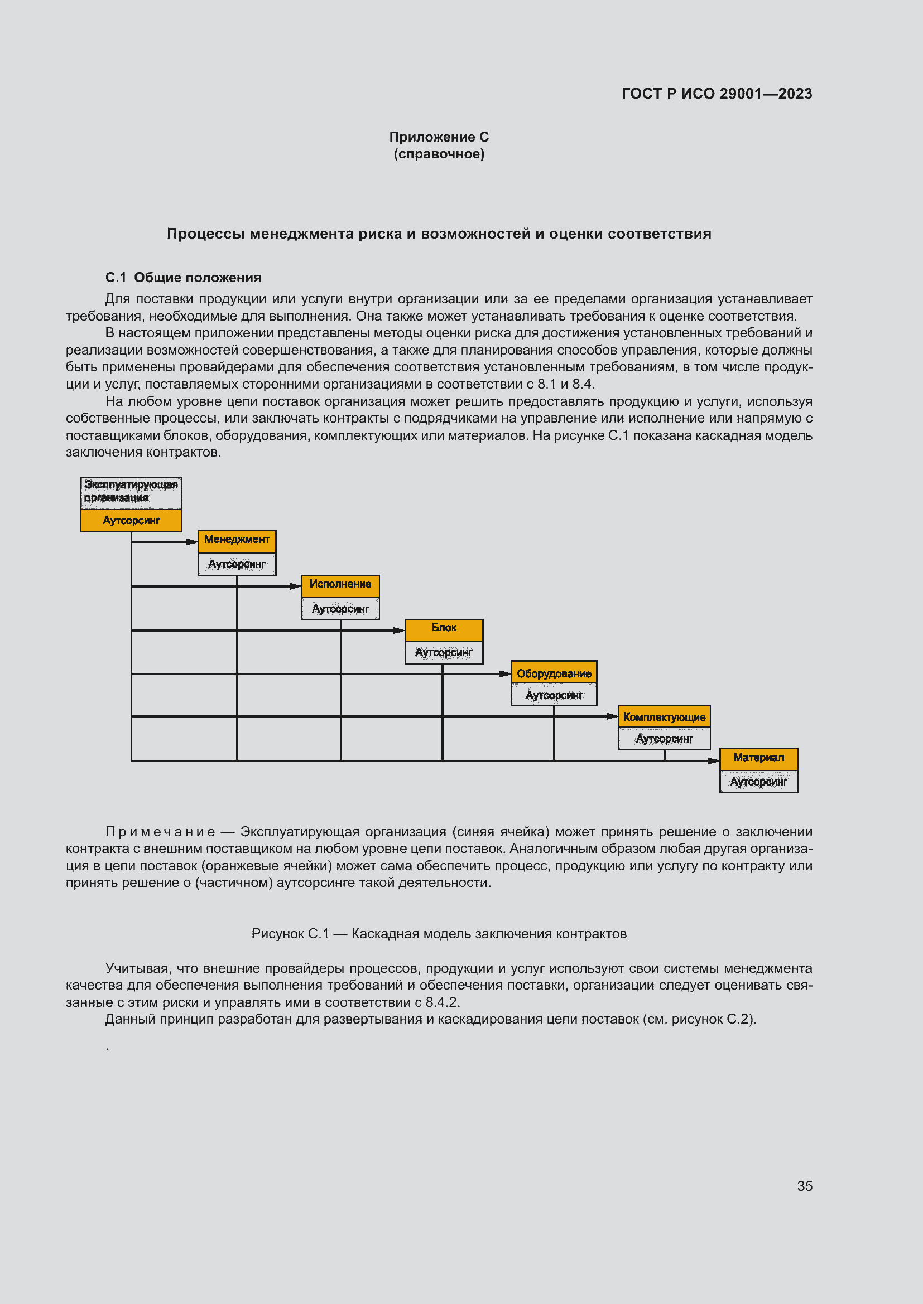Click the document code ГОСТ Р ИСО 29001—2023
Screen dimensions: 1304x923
tap(716, 94)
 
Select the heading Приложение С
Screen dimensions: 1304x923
tap(439, 137)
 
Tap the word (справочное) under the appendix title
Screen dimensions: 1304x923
tap(439, 154)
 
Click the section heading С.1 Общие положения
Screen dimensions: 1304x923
tap(183, 277)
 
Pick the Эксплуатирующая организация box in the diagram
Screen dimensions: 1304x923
tap(131, 492)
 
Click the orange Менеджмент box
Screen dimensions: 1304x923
tap(237, 540)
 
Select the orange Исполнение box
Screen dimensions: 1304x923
tap(340, 584)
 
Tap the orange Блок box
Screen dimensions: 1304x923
tap(444, 628)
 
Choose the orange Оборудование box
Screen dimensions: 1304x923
tap(554, 673)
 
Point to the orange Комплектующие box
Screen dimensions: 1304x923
tap(664, 717)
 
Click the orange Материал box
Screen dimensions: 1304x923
tap(758, 758)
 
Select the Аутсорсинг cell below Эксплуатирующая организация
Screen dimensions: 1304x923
tap(131, 520)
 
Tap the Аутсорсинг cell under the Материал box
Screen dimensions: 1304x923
tap(758, 782)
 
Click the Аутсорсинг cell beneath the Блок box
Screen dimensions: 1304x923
tap(444, 653)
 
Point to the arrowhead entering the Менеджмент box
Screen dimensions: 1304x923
tap(192, 542)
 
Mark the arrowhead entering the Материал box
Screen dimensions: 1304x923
tap(714, 761)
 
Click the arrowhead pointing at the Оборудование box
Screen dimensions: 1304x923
tap(505, 674)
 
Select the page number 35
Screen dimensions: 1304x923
tap(804, 1186)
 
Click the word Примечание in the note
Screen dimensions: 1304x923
tap(160, 831)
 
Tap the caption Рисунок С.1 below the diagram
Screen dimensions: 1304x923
tap(290, 934)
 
